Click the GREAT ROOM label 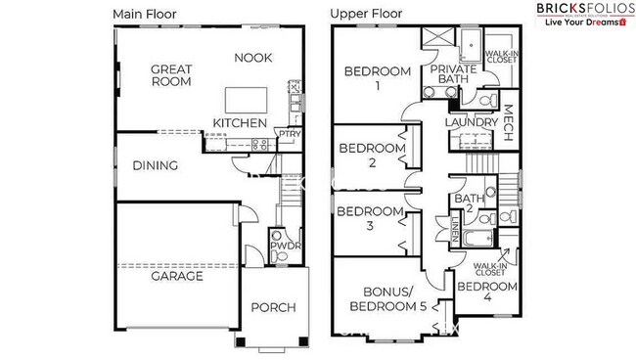[171, 77]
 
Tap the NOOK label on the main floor [252, 58]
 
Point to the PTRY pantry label [289, 133]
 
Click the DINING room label [156, 165]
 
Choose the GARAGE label [176, 276]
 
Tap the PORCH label [274, 308]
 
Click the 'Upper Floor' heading [366, 14]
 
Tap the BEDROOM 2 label [372, 156]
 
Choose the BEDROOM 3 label [370, 219]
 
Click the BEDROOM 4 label [487, 293]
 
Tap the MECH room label [508, 122]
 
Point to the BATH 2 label [464, 205]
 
